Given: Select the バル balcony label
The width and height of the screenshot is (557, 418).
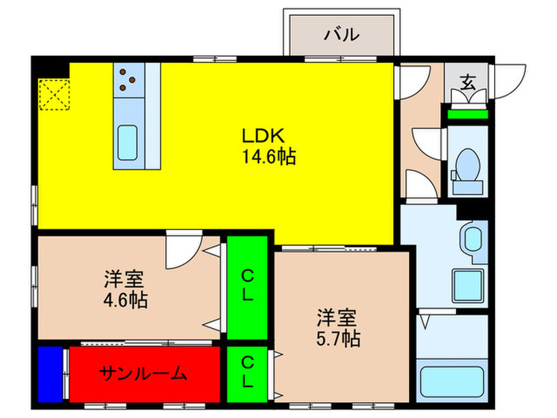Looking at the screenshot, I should [341, 36].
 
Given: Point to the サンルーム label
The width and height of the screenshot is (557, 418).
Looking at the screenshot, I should [143, 373].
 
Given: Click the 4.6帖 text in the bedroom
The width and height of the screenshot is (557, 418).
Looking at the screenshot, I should [124, 301].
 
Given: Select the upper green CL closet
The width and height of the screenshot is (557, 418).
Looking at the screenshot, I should [248, 286].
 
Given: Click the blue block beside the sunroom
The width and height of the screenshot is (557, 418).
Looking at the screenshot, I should [50, 373].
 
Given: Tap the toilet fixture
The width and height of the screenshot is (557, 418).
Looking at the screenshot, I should [467, 170].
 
